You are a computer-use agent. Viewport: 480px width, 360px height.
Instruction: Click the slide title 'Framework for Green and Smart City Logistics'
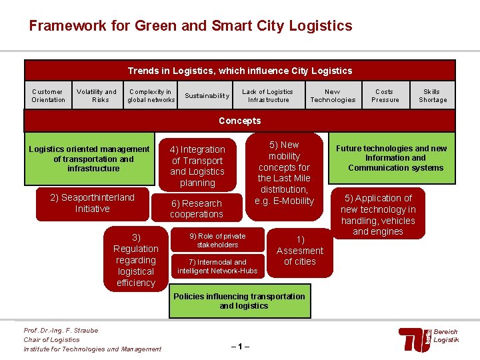point(190,26)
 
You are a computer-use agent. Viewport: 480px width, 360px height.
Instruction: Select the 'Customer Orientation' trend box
point(48,96)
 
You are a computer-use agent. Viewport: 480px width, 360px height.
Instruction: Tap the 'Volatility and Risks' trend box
point(97,96)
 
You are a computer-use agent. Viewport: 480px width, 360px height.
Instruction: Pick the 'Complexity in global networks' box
point(151,96)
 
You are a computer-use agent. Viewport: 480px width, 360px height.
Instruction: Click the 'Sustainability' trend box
point(207,96)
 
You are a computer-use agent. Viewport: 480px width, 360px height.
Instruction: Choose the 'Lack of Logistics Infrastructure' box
point(267,96)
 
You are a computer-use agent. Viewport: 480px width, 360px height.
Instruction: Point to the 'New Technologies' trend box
point(332,96)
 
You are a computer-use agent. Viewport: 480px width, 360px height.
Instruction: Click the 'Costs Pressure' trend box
point(385,96)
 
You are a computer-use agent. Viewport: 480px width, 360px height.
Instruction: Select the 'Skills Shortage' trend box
point(433,96)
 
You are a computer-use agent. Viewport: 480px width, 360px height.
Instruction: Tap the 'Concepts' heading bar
point(240,121)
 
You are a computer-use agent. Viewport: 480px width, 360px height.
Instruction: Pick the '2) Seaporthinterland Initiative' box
point(93,203)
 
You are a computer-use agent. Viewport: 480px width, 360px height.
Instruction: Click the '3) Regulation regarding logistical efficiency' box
point(135,260)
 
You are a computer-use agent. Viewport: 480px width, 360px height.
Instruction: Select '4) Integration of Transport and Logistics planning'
point(197,166)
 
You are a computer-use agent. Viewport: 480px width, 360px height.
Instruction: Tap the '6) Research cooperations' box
point(196,209)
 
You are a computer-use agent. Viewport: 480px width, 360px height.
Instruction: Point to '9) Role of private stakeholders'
point(217,240)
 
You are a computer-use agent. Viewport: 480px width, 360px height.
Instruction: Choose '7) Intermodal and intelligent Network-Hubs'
point(217,267)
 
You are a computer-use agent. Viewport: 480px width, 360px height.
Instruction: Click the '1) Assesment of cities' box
point(299,251)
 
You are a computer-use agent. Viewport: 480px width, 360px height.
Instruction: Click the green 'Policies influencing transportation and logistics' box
point(239,301)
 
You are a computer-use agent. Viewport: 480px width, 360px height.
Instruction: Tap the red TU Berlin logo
point(414,339)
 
